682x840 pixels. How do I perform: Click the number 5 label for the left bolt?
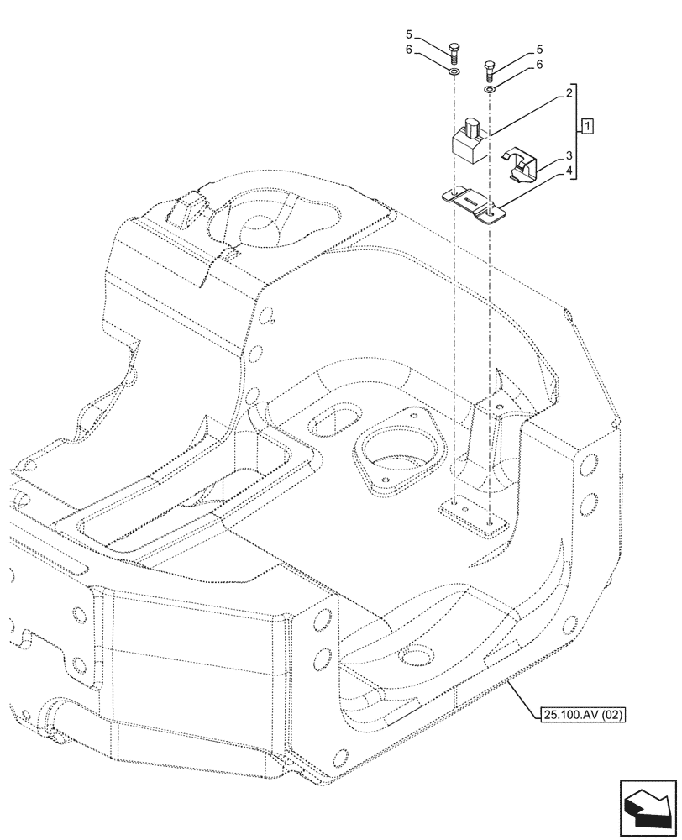pos(409,35)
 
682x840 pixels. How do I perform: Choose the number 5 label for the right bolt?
pos(539,50)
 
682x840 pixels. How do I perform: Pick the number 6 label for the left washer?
pos(409,50)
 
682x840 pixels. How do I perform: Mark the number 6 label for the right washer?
pos(539,64)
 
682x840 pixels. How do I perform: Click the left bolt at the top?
pos(454,52)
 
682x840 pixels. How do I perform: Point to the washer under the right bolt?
pos(490,89)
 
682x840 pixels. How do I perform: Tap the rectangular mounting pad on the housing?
pos(471,516)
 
